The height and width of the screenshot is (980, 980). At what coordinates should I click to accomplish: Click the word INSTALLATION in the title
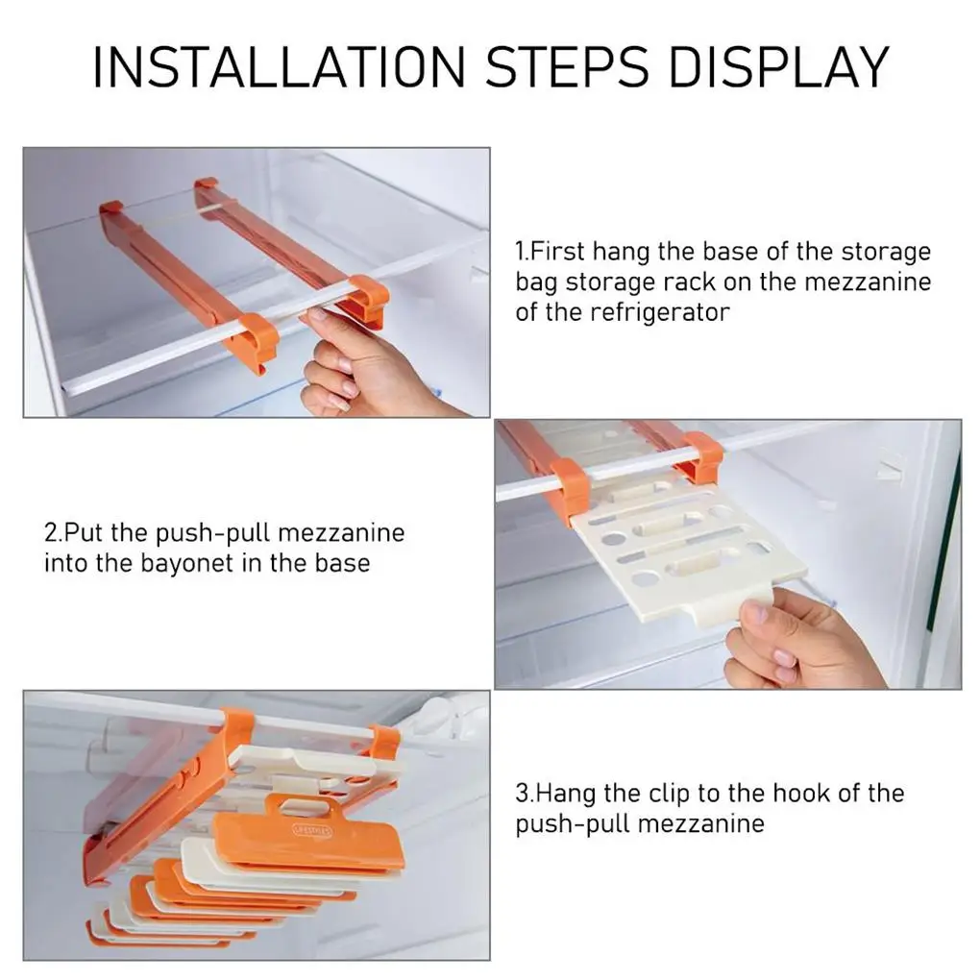(280, 66)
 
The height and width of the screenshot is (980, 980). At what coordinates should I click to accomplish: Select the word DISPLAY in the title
(779, 66)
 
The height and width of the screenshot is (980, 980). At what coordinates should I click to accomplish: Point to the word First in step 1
(557, 252)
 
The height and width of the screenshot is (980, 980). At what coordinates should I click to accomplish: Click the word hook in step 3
(802, 793)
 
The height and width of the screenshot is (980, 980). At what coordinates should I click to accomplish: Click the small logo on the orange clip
(312, 830)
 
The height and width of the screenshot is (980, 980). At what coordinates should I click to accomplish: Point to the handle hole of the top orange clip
(303, 807)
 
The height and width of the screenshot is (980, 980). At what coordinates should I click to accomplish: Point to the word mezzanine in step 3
(701, 823)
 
